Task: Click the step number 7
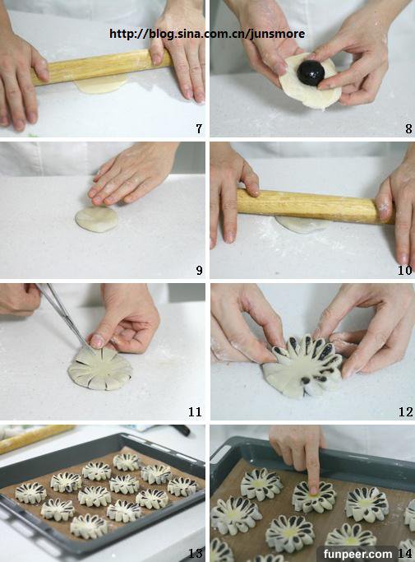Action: [199, 128]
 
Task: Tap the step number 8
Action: [408, 128]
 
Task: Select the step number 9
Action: [200, 270]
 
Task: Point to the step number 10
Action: [405, 270]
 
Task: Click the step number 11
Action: [195, 411]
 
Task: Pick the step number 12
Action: [406, 411]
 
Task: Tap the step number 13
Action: [196, 553]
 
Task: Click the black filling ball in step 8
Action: [311, 72]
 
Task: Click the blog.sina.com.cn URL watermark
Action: [207, 34]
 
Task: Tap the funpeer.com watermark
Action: [357, 554]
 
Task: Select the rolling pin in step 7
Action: [102, 67]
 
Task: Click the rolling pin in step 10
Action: [316, 206]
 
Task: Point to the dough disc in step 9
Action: [97, 219]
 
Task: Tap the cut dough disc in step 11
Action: [99, 368]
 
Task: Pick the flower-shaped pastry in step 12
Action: [302, 367]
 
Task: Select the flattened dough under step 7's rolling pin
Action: [101, 85]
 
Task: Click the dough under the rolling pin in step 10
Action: [302, 225]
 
